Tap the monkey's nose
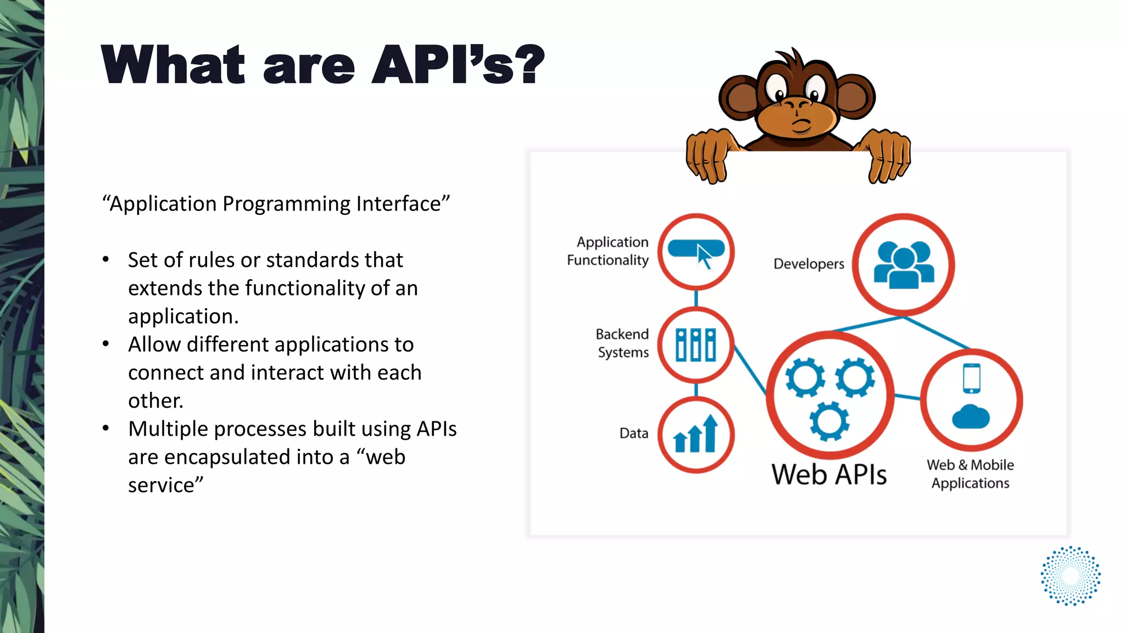tap(797, 103)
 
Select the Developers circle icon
tap(904, 265)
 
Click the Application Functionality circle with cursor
tap(696, 252)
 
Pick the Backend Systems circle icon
tap(696, 345)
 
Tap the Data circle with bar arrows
tap(696, 435)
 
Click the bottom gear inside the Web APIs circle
tap(829, 421)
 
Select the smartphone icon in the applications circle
tap(971, 378)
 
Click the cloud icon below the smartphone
tap(971, 417)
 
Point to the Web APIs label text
tap(828, 474)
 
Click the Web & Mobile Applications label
tap(970, 474)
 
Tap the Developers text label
tap(808, 264)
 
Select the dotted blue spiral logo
tap(1070, 576)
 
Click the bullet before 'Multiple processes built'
tap(105, 428)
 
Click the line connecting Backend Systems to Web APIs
tap(750, 369)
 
